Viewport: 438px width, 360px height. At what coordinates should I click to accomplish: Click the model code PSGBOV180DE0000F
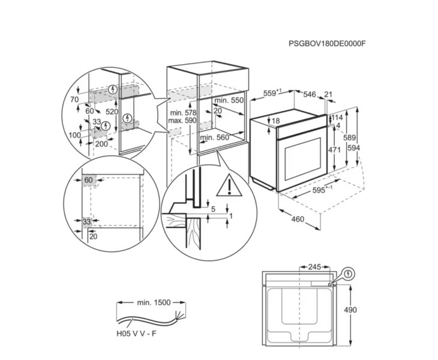click(x=327, y=43)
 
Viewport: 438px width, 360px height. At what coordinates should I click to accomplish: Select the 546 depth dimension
click(x=309, y=94)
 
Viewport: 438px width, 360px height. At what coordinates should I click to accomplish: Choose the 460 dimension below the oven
click(x=298, y=220)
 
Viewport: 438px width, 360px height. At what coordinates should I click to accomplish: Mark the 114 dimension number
click(x=337, y=118)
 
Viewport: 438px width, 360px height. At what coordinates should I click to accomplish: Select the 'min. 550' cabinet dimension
click(x=229, y=101)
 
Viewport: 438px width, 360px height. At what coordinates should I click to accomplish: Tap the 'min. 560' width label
click(x=214, y=137)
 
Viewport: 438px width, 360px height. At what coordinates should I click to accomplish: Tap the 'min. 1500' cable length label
click(x=152, y=303)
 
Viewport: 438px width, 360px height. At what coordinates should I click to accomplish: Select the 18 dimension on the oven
click(x=275, y=122)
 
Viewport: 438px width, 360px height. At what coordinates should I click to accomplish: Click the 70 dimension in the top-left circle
click(x=74, y=99)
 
